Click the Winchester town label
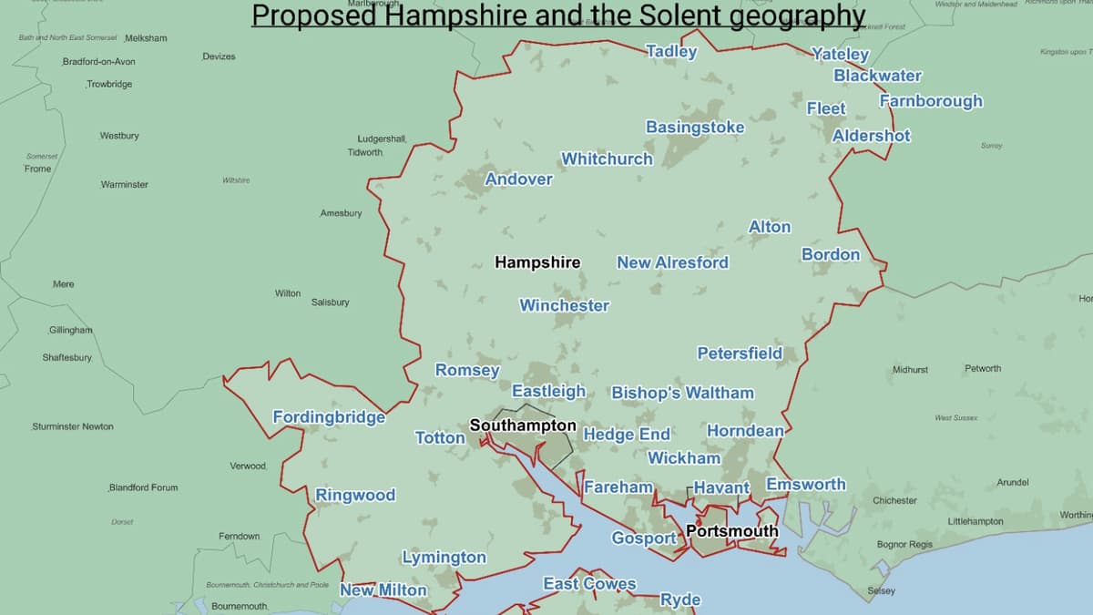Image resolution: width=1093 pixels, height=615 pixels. pos(564,306)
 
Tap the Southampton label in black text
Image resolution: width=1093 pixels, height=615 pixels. pos(523,425)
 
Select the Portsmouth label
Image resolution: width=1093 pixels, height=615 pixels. pos(732,531)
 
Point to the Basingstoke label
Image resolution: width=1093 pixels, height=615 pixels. pos(695,128)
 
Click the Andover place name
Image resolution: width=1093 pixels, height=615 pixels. pos(518,179)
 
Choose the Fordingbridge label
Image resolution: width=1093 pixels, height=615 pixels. pos(329,417)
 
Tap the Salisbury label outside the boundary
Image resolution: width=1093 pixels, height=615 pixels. pos(330,302)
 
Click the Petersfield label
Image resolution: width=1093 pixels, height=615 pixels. pos(739,354)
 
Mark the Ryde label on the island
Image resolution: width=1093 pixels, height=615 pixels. pos(680,600)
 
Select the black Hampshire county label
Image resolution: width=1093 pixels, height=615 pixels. pos(537,262)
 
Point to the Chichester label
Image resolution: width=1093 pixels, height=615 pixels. pos(894,501)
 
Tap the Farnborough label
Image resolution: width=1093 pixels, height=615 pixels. pos(931,101)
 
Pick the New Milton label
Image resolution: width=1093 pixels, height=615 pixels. pos(383,590)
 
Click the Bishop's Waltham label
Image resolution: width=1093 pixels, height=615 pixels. pos(682,394)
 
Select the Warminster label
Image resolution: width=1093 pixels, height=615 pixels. pos(124,185)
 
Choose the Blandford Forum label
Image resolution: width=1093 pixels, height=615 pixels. pos(143,487)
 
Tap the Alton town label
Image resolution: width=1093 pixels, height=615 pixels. pos(770,227)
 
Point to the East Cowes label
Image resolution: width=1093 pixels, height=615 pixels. pos(589,584)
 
